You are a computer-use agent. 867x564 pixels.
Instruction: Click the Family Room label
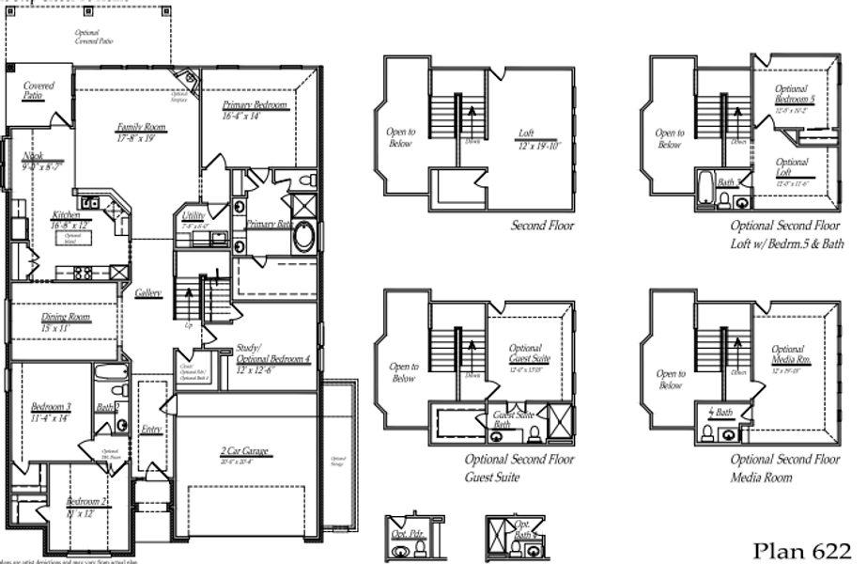(x=141, y=128)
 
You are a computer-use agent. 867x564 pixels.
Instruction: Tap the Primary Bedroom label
(x=255, y=105)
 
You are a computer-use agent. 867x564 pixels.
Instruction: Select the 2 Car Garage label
(x=244, y=452)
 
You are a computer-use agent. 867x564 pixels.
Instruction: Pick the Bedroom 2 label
(x=88, y=504)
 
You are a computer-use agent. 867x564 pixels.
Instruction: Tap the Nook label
(x=36, y=157)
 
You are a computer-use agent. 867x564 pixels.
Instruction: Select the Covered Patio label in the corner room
(x=39, y=90)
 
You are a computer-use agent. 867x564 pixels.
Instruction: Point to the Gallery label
(x=147, y=293)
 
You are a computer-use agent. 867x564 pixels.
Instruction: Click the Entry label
(x=151, y=430)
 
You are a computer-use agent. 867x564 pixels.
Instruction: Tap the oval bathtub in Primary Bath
(x=304, y=236)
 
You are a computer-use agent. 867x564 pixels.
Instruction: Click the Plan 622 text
(x=801, y=550)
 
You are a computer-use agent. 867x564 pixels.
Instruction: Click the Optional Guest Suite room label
(x=529, y=353)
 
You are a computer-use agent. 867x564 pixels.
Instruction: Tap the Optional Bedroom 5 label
(x=795, y=94)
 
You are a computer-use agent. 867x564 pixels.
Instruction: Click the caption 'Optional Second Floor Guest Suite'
(x=519, y=468)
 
